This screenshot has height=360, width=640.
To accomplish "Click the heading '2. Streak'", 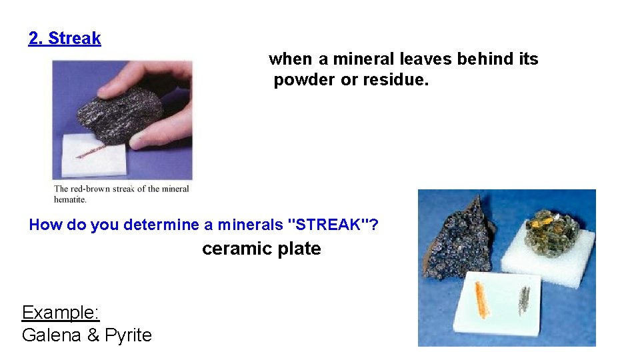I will tap(65, 39).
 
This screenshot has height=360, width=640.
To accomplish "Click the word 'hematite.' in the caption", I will tap(70, 199).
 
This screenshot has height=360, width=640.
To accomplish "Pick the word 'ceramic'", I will tap(231, 249).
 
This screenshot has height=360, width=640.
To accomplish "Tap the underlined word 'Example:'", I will tap(61, 313).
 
